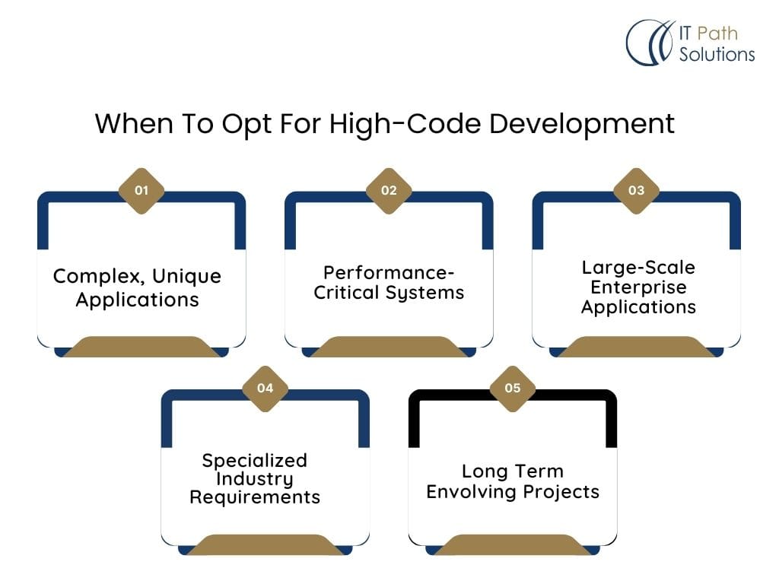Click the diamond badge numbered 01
[x=141, y=191]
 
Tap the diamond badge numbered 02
[x=389, y=191]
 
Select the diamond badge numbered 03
[x=637, y=191]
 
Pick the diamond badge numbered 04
[x=265, y=389]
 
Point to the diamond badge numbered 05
[x=513, y=389]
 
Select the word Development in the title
[x=582, y=124]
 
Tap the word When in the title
[x=134, y=123]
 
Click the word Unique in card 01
[x=186, y=277]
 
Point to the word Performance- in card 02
[x=389, y=273]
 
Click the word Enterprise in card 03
[x=638, y=287]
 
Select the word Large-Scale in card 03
[x=638, y=268]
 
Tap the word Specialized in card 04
[x=255, y=461]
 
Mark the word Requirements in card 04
[x=255, y=497]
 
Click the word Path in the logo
[x=717, y=33]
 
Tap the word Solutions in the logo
[x=717, y=54]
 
